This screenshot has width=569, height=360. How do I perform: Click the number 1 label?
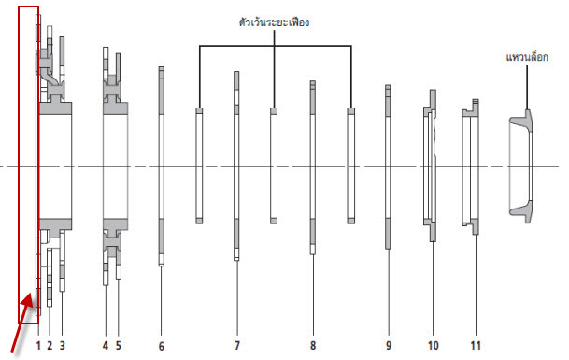tap(38, 345)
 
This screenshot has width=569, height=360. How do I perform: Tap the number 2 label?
tap(50, 345)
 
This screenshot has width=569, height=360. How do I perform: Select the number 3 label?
tap(62, 345)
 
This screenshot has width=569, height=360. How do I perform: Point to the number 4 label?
tap(106, 345)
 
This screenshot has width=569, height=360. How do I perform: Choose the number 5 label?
tap(119, 345)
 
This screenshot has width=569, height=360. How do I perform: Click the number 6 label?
tap(161, 346)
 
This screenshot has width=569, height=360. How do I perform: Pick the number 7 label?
tap(237, 345)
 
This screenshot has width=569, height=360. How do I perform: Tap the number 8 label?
tap(313, 345)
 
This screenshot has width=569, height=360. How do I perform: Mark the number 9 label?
tap(389, 345)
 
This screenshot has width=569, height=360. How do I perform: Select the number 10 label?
tap(434, 345)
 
